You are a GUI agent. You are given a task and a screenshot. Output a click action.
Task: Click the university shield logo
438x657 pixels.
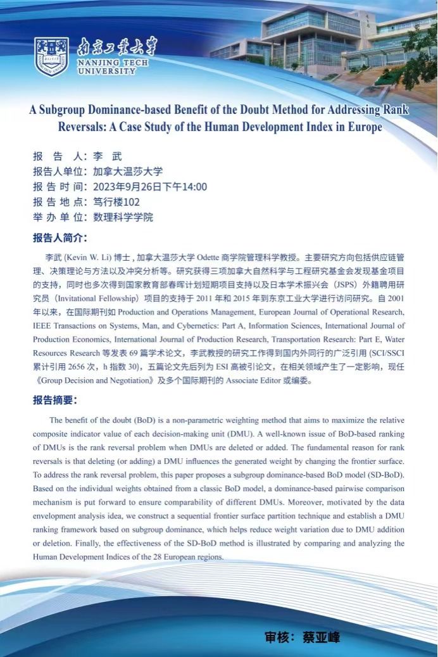[x=52, y=56]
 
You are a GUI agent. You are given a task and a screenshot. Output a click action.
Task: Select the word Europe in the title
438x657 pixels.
[x=364, y=127]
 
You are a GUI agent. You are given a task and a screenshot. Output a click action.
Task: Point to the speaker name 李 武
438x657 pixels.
[x=108, y=156]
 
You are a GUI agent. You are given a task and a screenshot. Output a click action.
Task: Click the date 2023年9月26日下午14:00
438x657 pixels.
[x=150, y=187]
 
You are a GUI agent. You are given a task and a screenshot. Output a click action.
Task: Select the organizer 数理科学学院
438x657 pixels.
[x=123, y=217]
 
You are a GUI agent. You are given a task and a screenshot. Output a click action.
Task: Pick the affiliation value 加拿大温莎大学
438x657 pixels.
[x=128, y=172]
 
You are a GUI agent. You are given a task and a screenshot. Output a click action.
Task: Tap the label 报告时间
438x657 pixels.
[x=59, y=187]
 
